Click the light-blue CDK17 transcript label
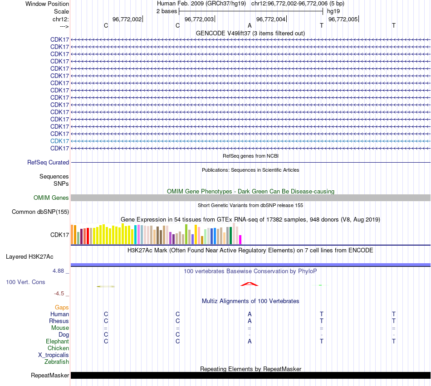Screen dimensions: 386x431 tap(59, 141)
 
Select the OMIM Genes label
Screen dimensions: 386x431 tap(51, 198)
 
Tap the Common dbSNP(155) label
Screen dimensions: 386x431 tap(40, 212)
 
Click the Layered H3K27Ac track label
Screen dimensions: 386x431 tap(29, 256)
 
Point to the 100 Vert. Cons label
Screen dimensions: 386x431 tap(25, 282)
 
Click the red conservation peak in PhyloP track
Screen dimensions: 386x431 tap(249, 284)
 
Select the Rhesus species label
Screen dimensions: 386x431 tap(59, 321)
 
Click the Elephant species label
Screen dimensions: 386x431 tap(57, 341)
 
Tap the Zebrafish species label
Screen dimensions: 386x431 tap(57, 362)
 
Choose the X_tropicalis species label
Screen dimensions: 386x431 tap(54, 355)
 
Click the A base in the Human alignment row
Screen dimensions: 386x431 tap(250, 314)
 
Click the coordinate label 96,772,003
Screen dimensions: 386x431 tap(199, 19)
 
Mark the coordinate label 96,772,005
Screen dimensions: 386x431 tap(343, 19)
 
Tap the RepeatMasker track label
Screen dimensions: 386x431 tap(50, 375)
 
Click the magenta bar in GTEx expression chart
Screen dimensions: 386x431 tap(240, 240)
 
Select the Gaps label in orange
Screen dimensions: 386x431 tap(62, 307)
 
